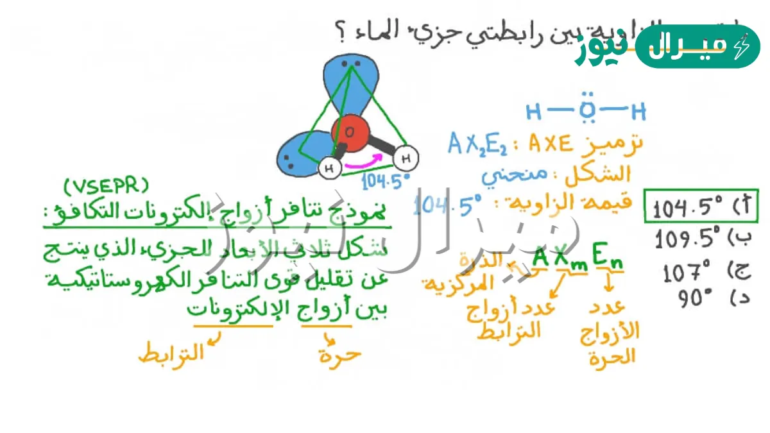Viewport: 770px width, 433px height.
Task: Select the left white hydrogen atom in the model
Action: click(330, 169)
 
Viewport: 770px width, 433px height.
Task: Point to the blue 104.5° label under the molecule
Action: click(386, 182)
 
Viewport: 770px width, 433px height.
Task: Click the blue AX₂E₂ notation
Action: click(477, 145)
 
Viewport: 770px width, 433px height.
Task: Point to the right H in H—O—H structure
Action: click(638, 113)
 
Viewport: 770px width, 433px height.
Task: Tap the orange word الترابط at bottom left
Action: click(171, 353)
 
